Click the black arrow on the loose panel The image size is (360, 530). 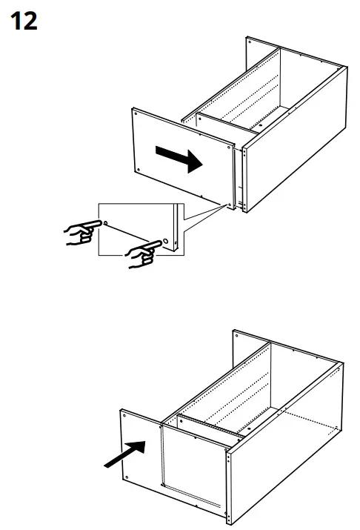179,159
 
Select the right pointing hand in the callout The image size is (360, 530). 144,252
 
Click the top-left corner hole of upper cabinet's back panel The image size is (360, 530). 250,44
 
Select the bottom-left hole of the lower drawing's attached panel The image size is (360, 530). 128,477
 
